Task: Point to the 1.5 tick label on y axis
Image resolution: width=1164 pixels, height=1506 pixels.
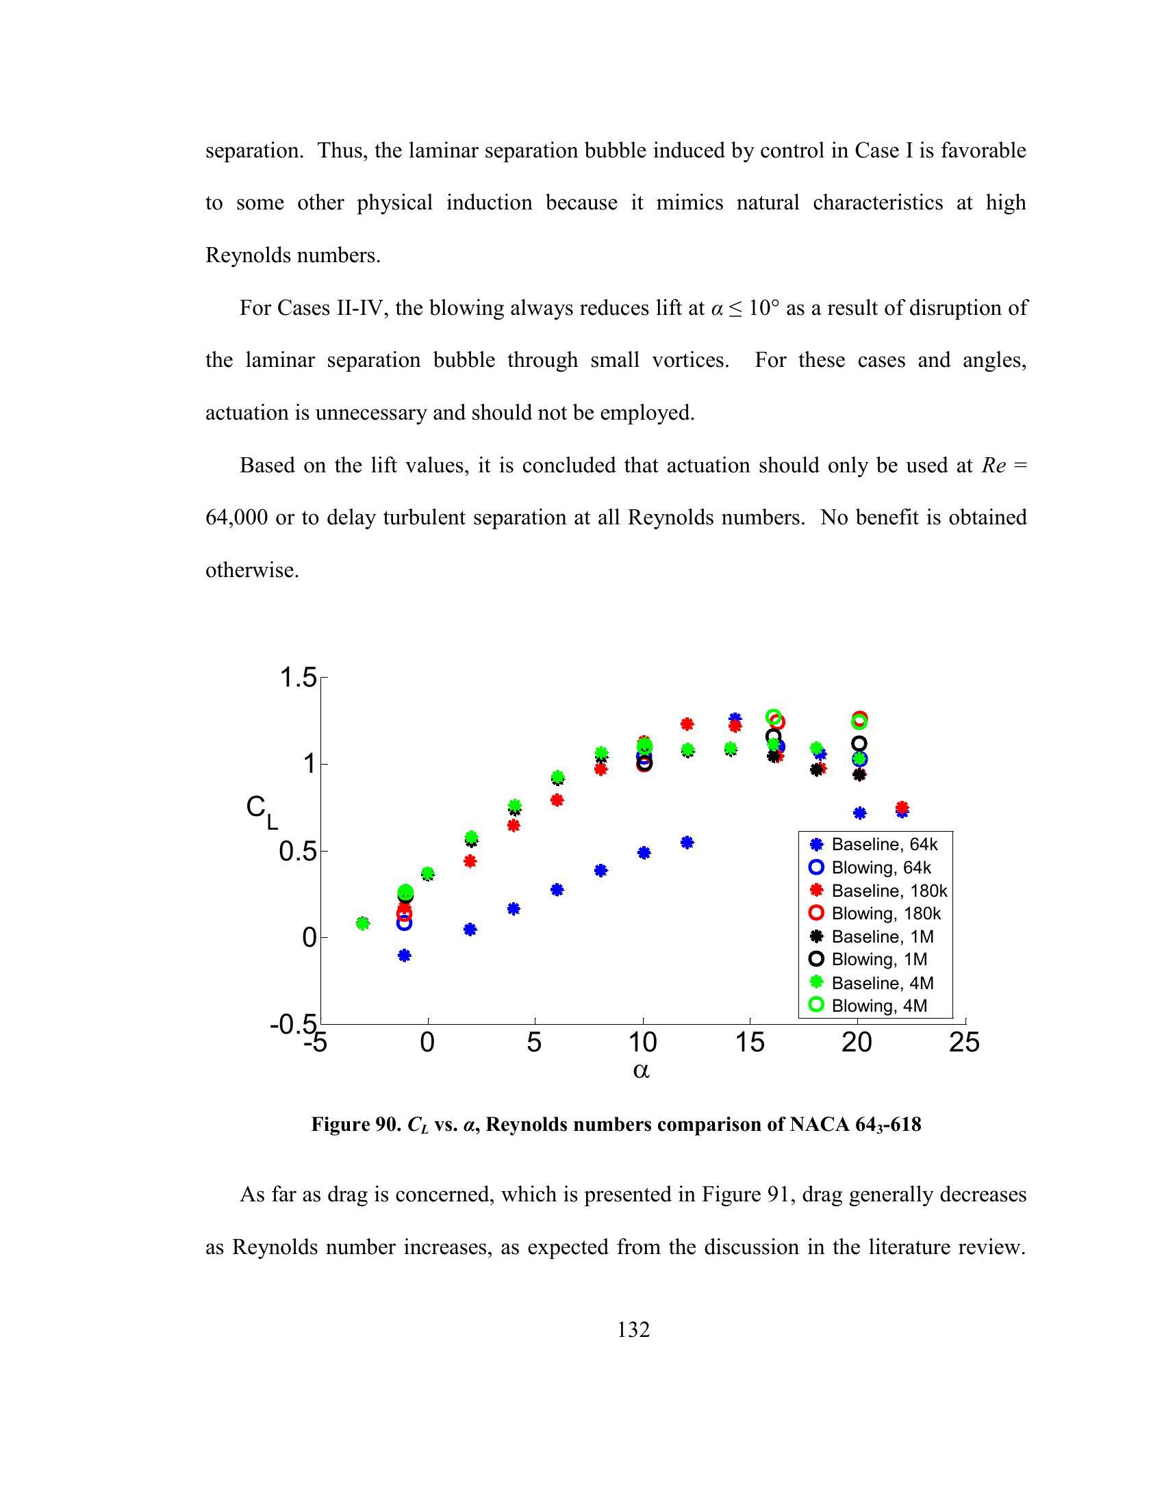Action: click(297, 678)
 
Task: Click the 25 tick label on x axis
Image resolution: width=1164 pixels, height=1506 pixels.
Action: click(964, 1042)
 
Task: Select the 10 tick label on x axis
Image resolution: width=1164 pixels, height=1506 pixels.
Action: click(642, 1042)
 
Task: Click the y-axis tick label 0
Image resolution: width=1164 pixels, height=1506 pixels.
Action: click(309, 938)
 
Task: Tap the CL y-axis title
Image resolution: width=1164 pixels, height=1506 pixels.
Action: click(261, 811)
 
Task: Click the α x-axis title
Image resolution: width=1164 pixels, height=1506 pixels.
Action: click(642, 1070)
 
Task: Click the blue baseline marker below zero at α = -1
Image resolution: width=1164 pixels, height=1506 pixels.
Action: click(405, 955)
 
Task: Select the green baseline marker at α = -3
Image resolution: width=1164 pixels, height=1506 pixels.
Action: click(363, 923)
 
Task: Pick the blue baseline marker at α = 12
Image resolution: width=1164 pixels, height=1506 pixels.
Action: click(687, 842)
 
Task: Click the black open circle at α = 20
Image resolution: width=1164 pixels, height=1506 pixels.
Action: click(859, 743)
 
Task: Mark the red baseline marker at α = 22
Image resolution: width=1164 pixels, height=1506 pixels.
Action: click(902, 808)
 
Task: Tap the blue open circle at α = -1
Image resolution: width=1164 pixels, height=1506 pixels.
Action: click(405, 923)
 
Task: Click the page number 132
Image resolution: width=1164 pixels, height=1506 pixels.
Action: click(633, 1329)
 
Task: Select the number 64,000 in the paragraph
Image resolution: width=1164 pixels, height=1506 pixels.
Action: click(236, 517)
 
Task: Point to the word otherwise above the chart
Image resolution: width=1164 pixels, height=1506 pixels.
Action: click(252, 570)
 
